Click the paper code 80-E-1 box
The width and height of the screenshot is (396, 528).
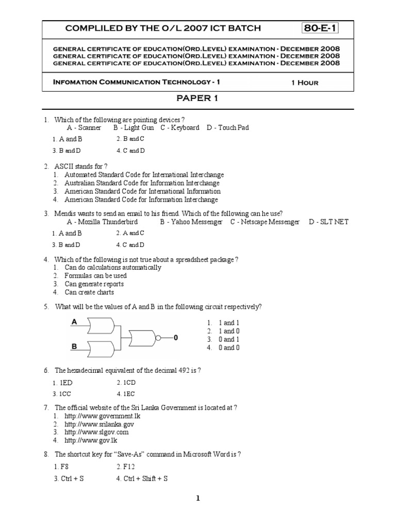click(x=320, y=28)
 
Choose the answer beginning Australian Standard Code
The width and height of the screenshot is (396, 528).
click(x=142, y=183)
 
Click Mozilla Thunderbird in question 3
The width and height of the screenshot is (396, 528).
click(x=100, y=222)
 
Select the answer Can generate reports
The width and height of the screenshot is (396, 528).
click(x=94, y=284)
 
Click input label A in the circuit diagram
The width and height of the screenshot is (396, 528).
click(x=74, y=322)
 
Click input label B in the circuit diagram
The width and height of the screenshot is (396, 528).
click(x=74, y=347)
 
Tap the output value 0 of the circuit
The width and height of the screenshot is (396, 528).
click(x=175, y=338)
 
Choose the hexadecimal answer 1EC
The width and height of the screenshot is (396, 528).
click(x=126, y=394)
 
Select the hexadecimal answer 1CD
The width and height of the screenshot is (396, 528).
click(x=126, y=383)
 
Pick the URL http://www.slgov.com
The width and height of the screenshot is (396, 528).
click(x=96, y=432)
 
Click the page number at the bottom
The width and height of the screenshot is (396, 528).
click(x=197, y=498)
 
